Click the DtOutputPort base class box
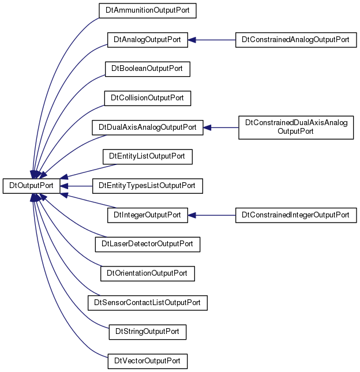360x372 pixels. pos(31,186)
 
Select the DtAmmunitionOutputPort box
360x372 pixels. pos(147,11)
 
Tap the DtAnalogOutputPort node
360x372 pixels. pos(147,40)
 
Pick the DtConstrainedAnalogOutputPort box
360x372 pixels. pos(296,40)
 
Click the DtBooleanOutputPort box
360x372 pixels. pos(147,69)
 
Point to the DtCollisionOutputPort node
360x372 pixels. pos(147,98)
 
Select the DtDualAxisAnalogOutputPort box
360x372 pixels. pos(147,127)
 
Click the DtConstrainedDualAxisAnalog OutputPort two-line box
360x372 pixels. pos(296,127)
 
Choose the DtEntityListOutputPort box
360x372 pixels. pos(147,156)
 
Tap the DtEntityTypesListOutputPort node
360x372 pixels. pos(147,186)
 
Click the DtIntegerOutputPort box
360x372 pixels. pos(147,215)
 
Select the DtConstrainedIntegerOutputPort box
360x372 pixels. pos(296,215)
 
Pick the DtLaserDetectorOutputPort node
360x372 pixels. pos(147,245)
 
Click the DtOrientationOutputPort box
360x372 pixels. pos(147,273)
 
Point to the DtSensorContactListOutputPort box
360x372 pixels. pos(147,303)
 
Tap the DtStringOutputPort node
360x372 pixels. pos(147,332)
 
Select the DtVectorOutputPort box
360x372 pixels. pos(147,361)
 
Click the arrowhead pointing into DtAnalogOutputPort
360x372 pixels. pos(192,40)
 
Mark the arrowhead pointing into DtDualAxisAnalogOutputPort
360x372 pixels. pos(207,127)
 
